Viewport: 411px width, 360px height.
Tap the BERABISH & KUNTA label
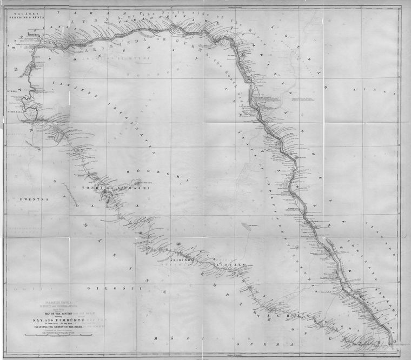[x=22, y=17]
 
